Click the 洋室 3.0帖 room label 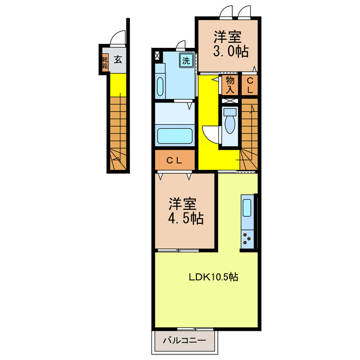[x=227, y=44]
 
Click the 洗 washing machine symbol [x=185, y=58]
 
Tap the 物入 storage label [x=230, y=84]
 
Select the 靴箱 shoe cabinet [x=105, y=62]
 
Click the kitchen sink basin [x=247, y=208]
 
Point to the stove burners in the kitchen [x=247, y=238]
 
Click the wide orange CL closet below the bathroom [x=175, y=161]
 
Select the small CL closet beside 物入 [x=250, y=84]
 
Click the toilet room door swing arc [x=210, y=134]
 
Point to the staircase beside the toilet [x=249, y=132]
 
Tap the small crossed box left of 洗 [x=156, y=56]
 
